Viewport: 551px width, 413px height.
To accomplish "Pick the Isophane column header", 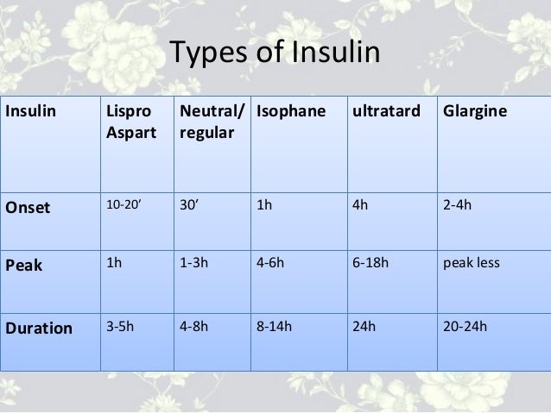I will tap(288, 112).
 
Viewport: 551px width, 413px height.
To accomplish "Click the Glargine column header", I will tap(474, 112).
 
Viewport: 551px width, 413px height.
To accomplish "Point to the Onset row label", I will tap(28, 207).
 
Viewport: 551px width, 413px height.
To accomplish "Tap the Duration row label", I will tap(39, 328).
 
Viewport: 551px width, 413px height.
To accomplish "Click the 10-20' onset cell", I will tap(122, 207).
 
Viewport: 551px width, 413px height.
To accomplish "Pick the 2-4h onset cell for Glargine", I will tap(458, 207).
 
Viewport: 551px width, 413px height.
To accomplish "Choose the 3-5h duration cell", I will tap(118, 328).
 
